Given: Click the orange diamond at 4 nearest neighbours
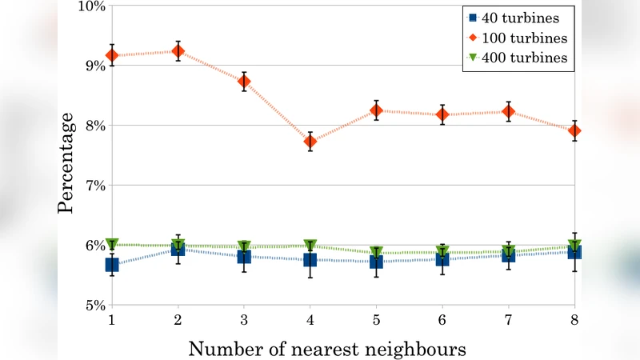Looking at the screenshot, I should click(310, 142).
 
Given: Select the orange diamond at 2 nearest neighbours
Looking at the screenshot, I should click(178, 51).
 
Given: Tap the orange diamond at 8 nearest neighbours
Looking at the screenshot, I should click(574, 130).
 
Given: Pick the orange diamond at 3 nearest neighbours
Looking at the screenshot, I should click(244, 82).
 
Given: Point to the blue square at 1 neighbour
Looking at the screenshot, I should click(112, 265).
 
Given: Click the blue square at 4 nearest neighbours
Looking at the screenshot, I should click(310, 260).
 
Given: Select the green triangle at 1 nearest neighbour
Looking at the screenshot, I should click(112, 244).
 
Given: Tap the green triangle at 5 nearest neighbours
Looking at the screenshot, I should click(376, 253).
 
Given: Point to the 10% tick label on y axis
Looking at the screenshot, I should click(92, 6).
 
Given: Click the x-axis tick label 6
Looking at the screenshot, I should click(442, 319).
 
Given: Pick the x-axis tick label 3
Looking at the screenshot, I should click(244, 319).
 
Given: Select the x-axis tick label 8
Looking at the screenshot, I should click(574, 319).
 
